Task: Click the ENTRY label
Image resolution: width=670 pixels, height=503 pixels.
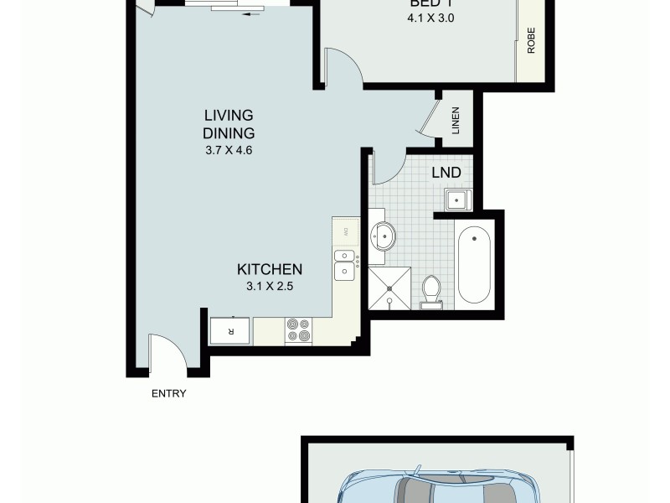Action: [168, 394]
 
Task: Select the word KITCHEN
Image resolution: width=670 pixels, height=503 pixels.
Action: [269, 269]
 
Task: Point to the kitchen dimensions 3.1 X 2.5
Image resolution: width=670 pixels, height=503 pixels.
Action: [269, 285]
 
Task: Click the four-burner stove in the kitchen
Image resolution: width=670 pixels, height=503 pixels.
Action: [297, 330]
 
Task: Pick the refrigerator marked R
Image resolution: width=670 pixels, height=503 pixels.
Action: [231, 330]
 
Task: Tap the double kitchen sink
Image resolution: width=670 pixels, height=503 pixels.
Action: [343, 264]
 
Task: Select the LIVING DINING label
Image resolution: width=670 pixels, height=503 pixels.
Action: [228, 124]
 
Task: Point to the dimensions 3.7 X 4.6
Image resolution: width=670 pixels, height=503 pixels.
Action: [228, 151]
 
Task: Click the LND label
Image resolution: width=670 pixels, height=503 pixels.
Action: [446, 174]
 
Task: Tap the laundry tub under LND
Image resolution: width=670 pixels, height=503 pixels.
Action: [458, 200]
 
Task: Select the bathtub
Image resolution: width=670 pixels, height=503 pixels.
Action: [476, 264]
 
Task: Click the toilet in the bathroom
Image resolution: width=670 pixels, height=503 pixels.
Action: [432, 291]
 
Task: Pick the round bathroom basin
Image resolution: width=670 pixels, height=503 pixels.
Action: [384, 236]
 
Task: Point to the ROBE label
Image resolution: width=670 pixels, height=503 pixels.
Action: [531, 41]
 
